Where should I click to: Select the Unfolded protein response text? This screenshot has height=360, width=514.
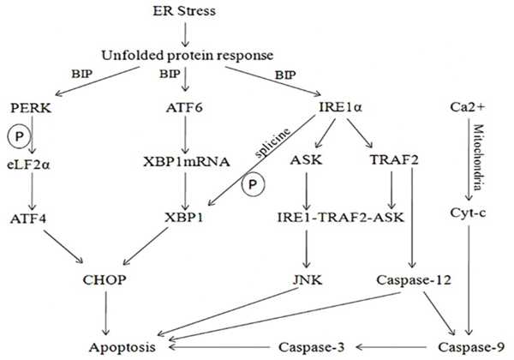point(187,56)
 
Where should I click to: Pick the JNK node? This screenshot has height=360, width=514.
point(305,279)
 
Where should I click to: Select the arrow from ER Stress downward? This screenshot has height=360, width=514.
point(184,33)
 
